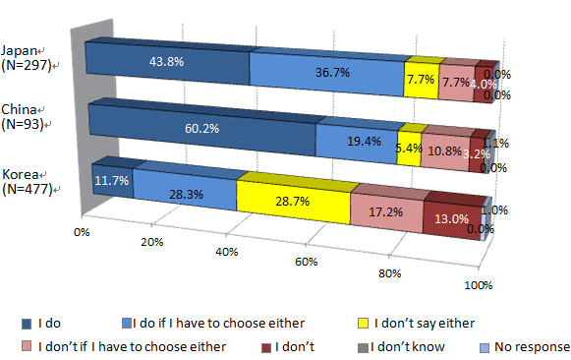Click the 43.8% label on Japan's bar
click(166, 61)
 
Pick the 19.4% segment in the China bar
click(357, 142)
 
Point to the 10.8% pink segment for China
click(448, 150)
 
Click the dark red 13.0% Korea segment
click(453, 217)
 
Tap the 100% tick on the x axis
click(478, 284)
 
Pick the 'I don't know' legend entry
click(412, 345)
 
